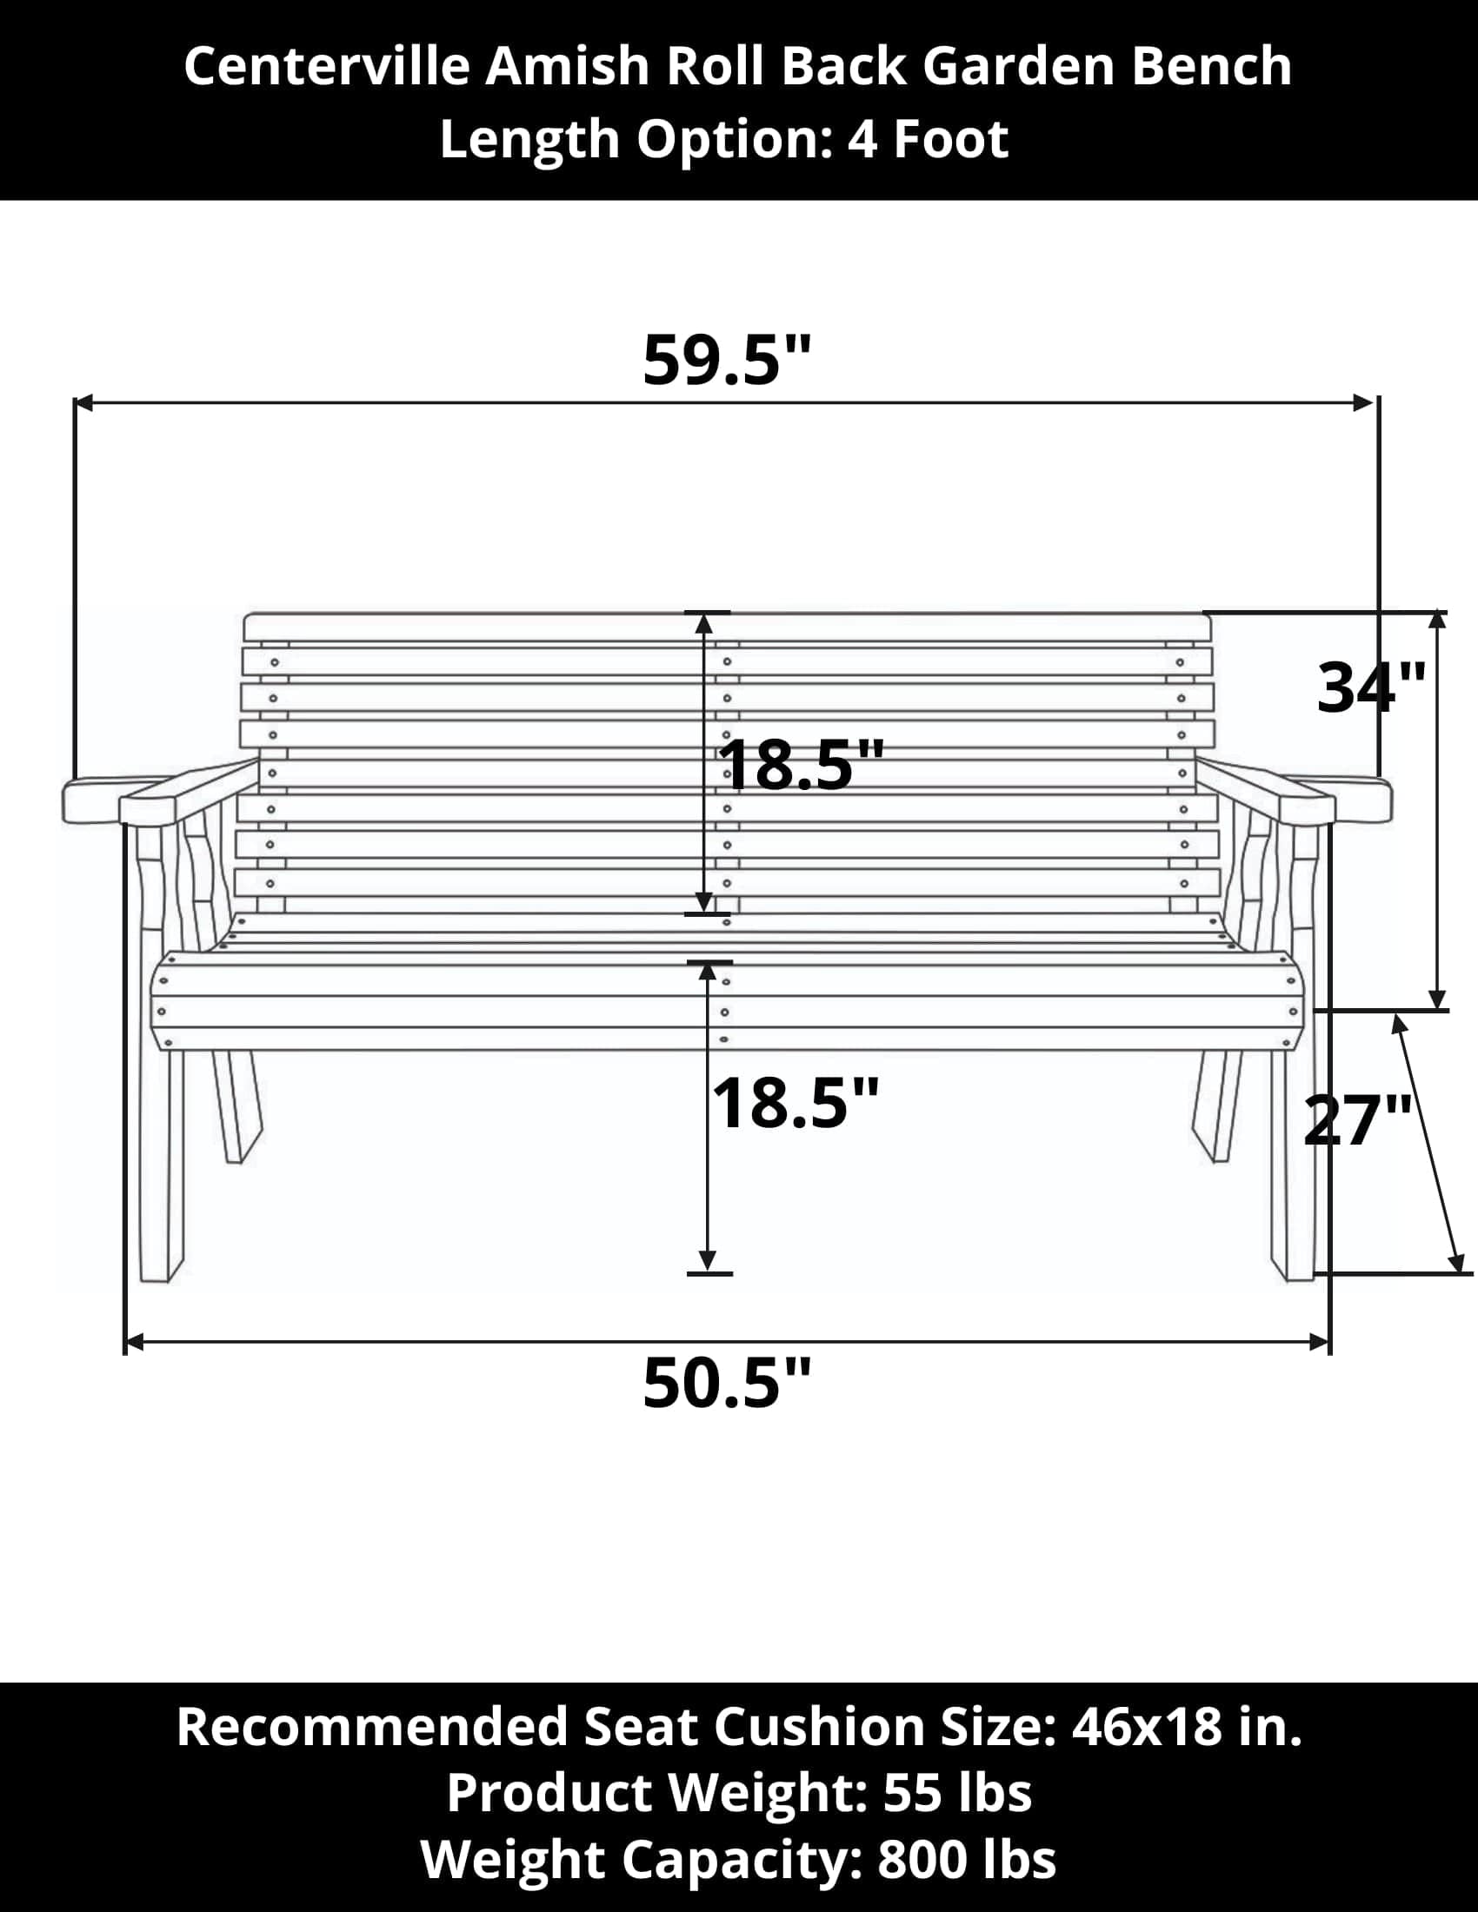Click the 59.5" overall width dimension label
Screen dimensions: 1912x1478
coord(727,360)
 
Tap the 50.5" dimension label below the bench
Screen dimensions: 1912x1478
coord(727,1383)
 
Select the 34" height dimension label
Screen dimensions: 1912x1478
coord(1371,687)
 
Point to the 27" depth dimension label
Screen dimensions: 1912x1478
coord(1357,1119)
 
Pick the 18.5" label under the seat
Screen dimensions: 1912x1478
coord(794,1103)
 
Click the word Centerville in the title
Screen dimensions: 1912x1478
coord(327,67)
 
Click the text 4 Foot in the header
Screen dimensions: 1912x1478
coord(928,139)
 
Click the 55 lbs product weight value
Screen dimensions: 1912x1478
coord(957,1792)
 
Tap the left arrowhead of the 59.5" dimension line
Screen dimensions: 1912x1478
coord(83,402)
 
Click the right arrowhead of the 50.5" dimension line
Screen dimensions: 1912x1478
coord(1320,1341)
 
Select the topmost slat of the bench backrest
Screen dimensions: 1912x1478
coord(727,627)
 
